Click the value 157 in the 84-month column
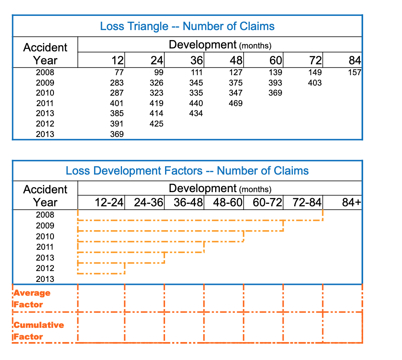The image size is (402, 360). pos(354,72)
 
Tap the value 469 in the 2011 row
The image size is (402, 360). pos(236,103)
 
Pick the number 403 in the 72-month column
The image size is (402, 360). pos(315,83)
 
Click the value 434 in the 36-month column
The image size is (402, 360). pos(196,113)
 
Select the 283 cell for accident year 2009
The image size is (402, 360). pos(117,83)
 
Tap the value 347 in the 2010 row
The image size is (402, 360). pos(236,93)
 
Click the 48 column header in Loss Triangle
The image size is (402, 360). pos(236,61)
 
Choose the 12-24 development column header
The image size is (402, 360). pos(109,203)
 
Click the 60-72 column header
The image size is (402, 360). pos(268,203)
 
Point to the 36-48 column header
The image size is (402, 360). pos(188,203)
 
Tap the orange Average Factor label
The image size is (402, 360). pos(32,299)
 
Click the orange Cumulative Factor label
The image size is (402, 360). pos(38,330)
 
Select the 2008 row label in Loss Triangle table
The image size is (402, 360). pos(45,72)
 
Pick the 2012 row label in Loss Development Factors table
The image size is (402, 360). pos(45,268)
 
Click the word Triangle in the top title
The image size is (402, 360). pos(150,26)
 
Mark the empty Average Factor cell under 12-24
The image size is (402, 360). pos(102,298)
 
